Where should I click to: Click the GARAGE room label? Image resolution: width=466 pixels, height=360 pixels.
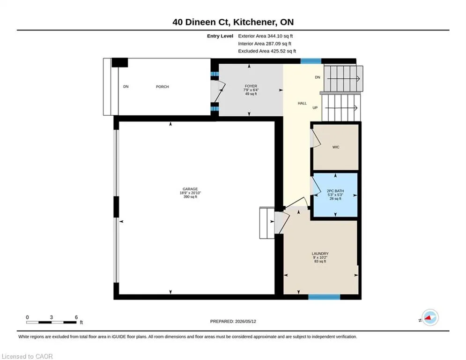[x=190, y=189]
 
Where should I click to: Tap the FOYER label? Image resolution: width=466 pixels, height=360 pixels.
[x=251, y=86]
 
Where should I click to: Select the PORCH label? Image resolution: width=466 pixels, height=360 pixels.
[x=162, y=87]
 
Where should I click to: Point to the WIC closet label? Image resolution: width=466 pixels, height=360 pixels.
[x=336, y=147]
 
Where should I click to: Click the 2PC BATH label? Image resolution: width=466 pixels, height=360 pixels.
[x=335, y=191]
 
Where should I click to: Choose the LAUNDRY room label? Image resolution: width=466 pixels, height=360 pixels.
[x=320, y=254]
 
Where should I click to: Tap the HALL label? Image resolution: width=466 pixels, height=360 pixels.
[x=302, y=103]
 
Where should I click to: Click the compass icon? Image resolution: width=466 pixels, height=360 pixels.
[x=430, y=317]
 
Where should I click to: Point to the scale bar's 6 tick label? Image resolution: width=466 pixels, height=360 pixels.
[x=76, y=317]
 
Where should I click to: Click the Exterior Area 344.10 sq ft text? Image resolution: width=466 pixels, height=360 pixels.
[x=266, y=36]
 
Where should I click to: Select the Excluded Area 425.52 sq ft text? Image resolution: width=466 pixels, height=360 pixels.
[x=267, y=51]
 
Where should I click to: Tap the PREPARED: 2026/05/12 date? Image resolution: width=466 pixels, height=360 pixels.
[x=233, y=321]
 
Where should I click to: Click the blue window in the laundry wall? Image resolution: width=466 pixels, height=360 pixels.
[x=324, y=297]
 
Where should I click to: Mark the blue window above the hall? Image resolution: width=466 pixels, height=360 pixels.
[x=311, y=61]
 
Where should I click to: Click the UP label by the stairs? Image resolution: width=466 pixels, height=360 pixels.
[x=315, y=108]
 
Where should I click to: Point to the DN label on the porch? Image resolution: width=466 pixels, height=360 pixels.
[x=126, y=87]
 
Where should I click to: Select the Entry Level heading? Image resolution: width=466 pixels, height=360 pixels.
[x=220, y=36]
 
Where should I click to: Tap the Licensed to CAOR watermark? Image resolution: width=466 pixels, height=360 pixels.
[x=27, y=356]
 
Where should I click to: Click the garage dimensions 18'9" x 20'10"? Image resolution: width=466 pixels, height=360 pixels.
[x=190, y=193]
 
